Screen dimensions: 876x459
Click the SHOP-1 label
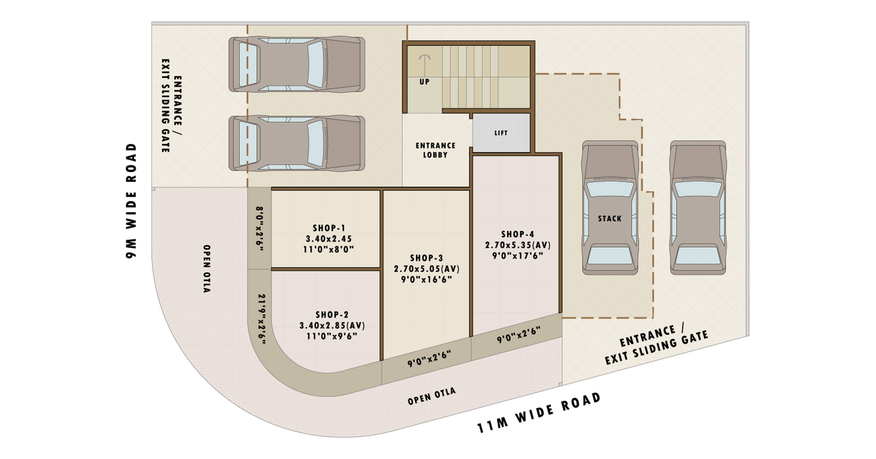click(329, 228)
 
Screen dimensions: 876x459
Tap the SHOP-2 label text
click(332, 315)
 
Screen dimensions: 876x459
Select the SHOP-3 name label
click(426, 258)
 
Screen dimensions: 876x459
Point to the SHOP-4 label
click(518, 234)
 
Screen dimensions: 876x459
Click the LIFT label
click(501, 133)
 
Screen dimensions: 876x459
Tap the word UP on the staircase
click(424, 82)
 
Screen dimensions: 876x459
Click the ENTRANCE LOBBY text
click(435, 150)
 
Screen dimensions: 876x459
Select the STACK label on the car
click(610, 219)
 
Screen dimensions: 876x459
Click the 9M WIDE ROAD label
click(131, 201)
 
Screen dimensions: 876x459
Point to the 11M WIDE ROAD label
click(539, 412)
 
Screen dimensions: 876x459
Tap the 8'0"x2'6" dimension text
click(260, 229)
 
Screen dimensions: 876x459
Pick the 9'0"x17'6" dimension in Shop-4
click(518, 256)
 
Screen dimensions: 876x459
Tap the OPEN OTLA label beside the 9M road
click(206, 269)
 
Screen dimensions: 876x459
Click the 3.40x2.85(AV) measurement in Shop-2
click(332, 325)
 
